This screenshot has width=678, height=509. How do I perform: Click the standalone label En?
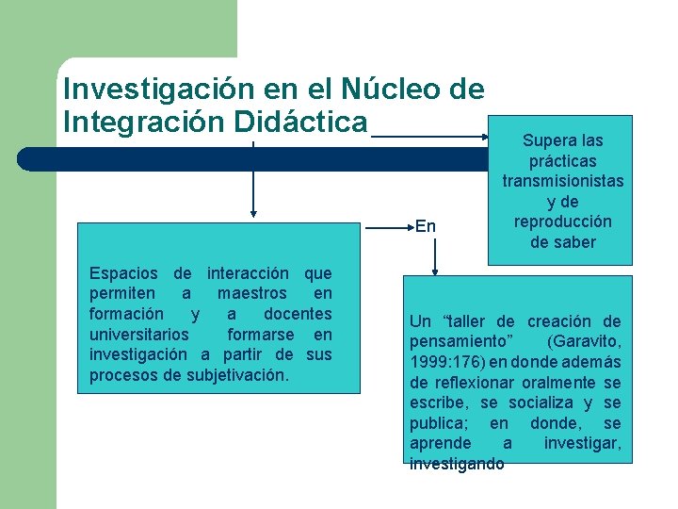[425, 225]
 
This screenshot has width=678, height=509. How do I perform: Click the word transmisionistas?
[562, 181]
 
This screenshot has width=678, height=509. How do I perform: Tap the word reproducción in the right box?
[562, 222]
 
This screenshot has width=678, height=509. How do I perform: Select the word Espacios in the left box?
[124, 273]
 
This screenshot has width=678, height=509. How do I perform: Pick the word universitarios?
[138, 335]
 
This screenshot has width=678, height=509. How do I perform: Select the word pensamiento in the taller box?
[450, 341]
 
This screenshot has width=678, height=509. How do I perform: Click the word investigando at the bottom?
[457, 464]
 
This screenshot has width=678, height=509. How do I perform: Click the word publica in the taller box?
[439, 423]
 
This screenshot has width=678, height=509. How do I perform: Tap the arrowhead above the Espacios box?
[252, 213]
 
